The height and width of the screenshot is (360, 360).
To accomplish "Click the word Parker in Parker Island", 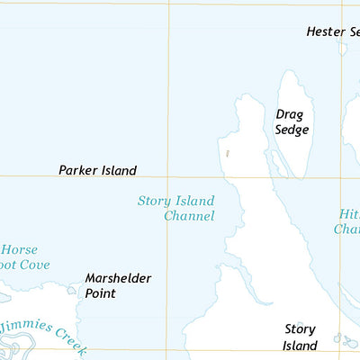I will tap(77, 170).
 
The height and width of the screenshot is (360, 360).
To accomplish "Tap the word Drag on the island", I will tap(289, 114).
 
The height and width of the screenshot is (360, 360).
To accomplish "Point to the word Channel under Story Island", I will tap(189, 216).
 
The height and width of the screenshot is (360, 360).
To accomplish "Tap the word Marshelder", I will tap(118, 278).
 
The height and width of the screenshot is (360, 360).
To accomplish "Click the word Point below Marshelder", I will tap(101, 293).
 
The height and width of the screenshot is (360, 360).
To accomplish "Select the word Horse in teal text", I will tap(19, 249).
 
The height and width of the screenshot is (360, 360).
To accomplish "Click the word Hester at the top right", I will tap(325, 31).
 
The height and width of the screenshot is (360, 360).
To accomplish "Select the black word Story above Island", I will tap(301, 329).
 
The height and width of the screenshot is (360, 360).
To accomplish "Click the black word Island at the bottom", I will tap(300, 346).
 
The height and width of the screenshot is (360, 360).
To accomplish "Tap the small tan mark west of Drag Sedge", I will tap(228, 154).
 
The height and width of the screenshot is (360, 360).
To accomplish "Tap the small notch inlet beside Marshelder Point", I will tap(72, 290).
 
